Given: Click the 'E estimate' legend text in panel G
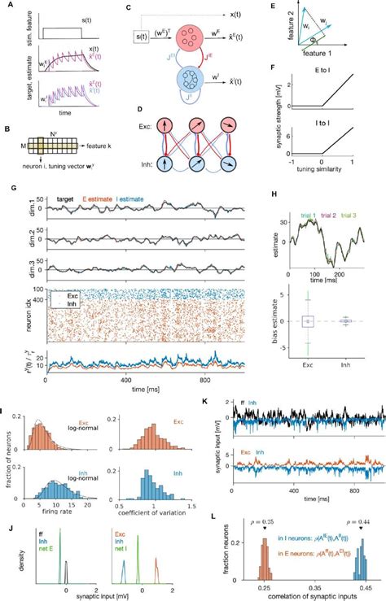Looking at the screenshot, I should coord(114,198).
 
